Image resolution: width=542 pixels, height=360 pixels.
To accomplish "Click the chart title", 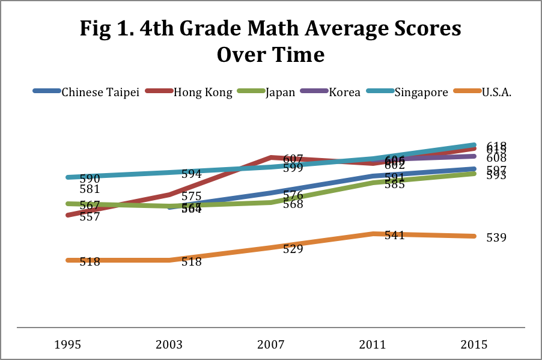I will (270, 41).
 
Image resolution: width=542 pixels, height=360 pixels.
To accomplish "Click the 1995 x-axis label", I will (68, 345).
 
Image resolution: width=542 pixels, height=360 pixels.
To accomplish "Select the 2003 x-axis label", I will (169, 345).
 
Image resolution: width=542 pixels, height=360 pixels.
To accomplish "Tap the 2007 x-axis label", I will (271, 345).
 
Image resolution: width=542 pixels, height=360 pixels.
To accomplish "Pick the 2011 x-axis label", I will (373, 345).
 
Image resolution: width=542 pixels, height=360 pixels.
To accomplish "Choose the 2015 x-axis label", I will (475, 345).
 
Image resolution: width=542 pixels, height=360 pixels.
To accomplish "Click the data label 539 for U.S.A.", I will (496, 237).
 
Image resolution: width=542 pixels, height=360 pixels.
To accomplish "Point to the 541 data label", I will (394, 235).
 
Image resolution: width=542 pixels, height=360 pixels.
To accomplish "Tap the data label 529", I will (293, 249).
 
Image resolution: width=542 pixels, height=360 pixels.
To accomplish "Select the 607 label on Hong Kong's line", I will (293, 159).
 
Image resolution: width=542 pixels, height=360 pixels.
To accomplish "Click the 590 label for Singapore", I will (90, 178).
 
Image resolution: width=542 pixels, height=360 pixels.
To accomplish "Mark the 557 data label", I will (90, 217).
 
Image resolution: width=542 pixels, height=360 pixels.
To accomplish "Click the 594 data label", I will (191, 174).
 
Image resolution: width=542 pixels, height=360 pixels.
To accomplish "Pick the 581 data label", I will (90, 189).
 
